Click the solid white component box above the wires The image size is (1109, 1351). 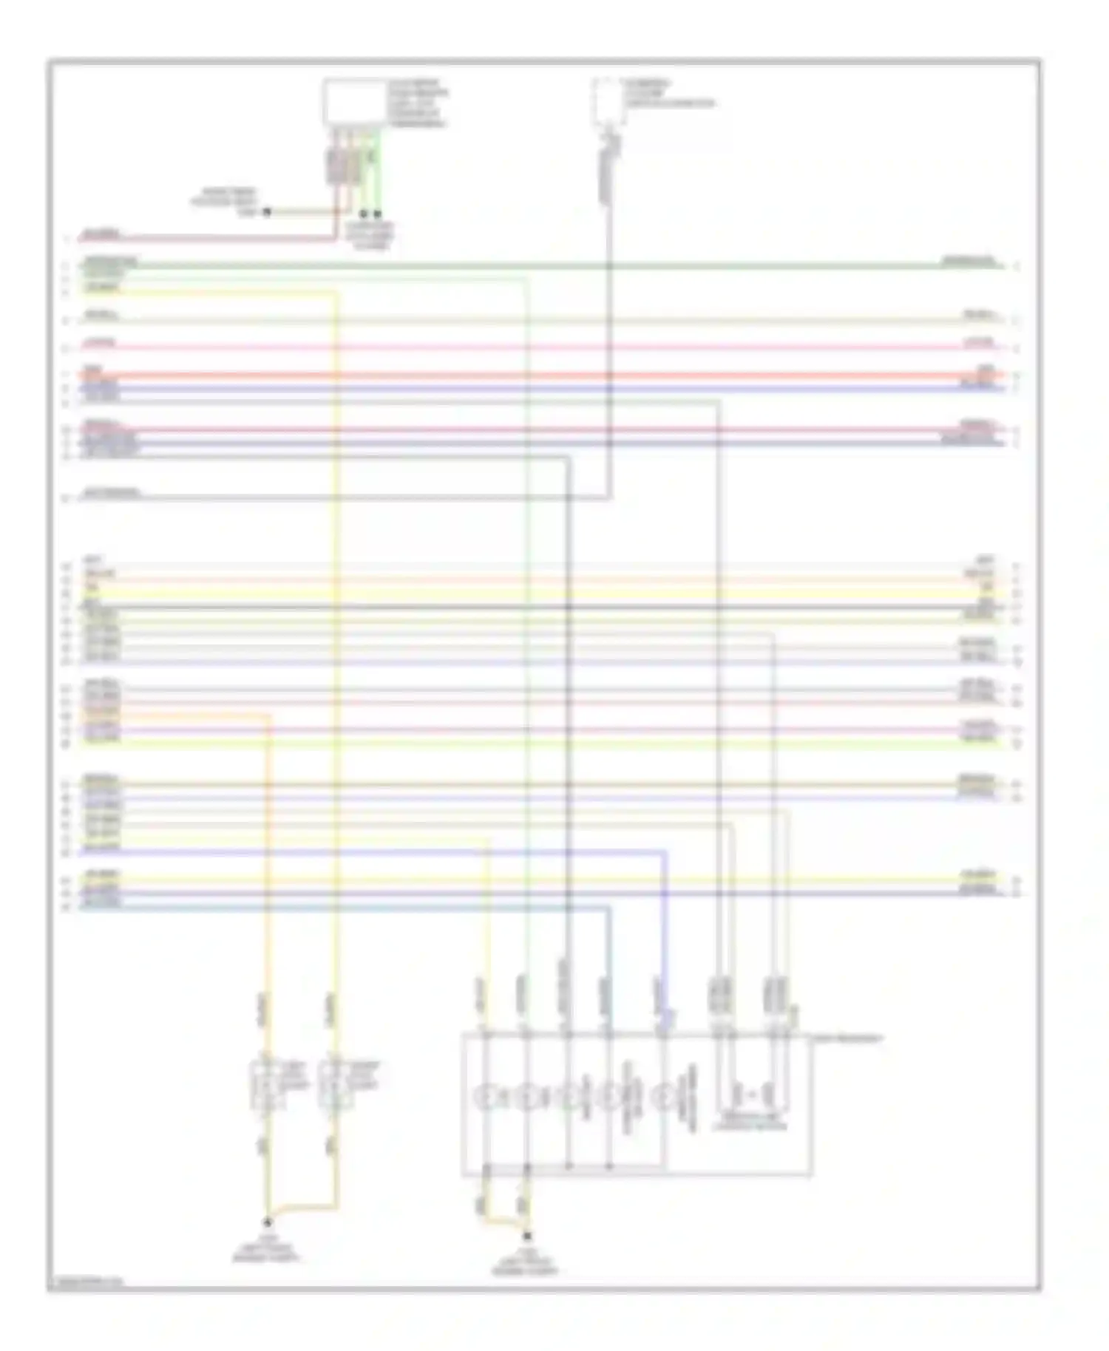coord(354,103)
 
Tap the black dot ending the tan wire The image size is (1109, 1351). coord(267,212)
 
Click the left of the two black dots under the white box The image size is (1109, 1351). coord(364,213)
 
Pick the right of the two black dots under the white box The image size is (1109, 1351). coord(378,213)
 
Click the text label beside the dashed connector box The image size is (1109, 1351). coord(668,94)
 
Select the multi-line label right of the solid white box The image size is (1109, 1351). coord(418,103)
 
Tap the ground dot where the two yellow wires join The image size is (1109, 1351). coord(268,1222)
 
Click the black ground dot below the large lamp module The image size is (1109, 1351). coord(527,1235)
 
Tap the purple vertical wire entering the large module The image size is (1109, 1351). coord(664,939)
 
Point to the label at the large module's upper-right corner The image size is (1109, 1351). coord(847,1038)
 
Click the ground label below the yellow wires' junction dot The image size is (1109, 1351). coord(267,1248)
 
